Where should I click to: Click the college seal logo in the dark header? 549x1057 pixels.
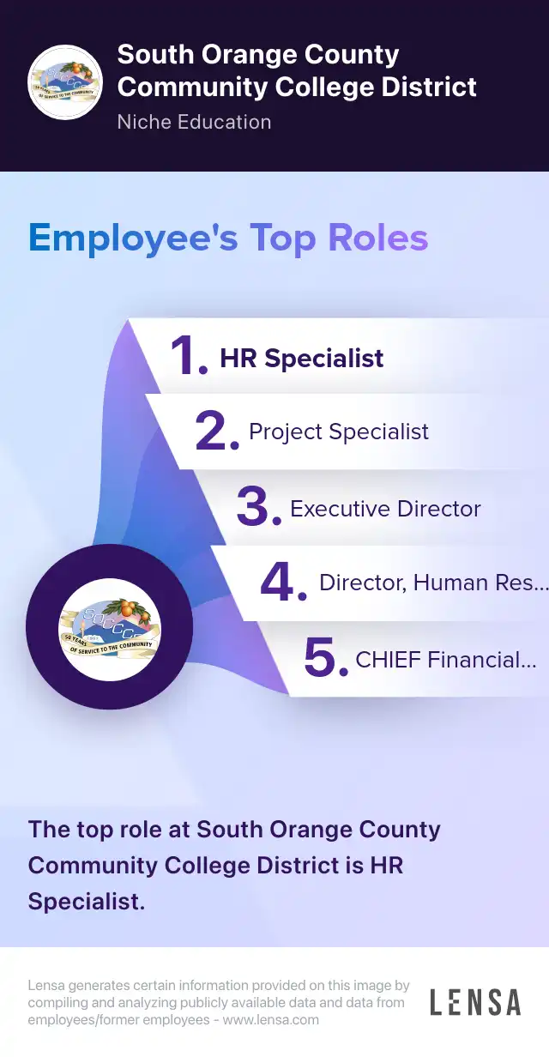[x=65, y=82]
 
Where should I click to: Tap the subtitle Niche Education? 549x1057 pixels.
[x=195, y=122]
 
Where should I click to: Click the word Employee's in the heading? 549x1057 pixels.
[x=134, y=239]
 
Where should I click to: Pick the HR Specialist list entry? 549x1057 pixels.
[x=302, y=358]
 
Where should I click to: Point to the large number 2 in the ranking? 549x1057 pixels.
[x=217, y=431]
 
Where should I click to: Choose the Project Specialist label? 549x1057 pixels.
[x=339, y=432]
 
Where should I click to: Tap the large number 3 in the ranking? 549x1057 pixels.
[x=259, y=506]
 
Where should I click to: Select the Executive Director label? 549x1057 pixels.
[x=385, y=509]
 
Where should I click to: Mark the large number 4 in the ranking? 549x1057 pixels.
[x=283, y=582]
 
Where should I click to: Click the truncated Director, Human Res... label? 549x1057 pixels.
[x=434, y=583]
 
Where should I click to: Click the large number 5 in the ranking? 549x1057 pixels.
[x=326, y=657]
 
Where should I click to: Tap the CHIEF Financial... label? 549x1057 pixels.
[x=446, y=660]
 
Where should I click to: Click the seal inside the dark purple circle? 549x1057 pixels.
[x=110, y=629]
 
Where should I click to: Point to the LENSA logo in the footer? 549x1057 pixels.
[x=475, y=1002]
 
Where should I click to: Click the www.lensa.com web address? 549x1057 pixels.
[x=271, y=1020]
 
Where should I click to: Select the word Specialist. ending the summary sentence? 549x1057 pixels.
[x=87, y=902]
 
